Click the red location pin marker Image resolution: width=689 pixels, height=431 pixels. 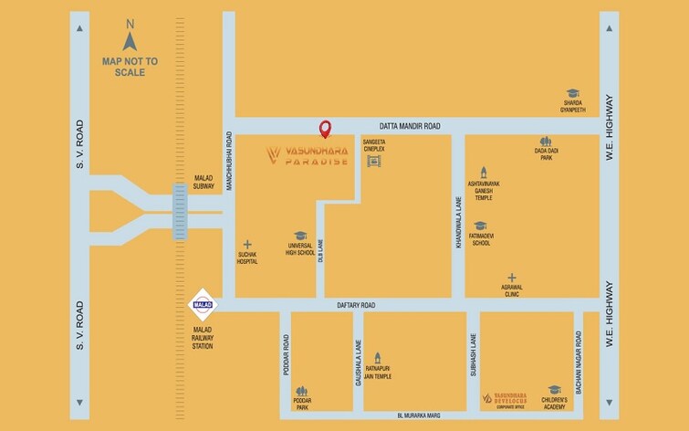pyautogui.click(x=324, y=129)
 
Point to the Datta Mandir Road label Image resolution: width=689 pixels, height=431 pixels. pyautogui.click(x=410, y=125)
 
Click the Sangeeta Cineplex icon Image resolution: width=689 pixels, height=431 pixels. pyautogui.click(x=372, y=162)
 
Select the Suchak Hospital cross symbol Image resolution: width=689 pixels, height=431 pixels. pyautogui.click(x=246, y=244)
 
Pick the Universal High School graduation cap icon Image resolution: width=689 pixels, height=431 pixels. pyautogui.click(x=299, y=236)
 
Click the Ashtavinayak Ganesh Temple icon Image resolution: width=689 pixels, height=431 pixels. pyautogui.click(x=484, y=171)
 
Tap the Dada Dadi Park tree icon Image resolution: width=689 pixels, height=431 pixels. pyautogui.click(x=546, y=142)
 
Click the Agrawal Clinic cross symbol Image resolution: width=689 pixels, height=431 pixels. pyautogui.click(x=512, y=277)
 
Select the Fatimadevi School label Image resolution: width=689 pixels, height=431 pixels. pyautogui.click(x=481, y=240)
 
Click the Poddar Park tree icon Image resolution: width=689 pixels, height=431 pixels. pyautogui.click(x=302, y=389)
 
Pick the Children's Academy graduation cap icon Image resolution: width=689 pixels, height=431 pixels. pyautogui.click(x=554, y=389)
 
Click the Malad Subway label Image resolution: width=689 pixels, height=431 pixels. pyautogui.click(x=204, y=182)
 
